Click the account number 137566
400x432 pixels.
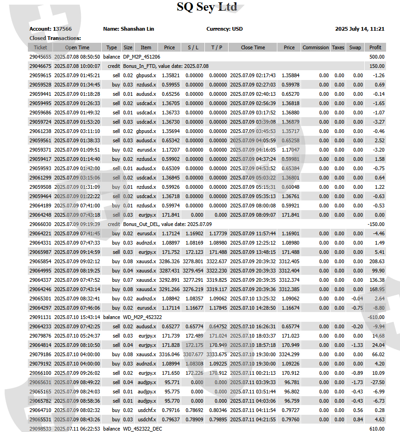62,29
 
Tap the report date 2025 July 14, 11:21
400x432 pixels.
360,29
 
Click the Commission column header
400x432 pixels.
315,47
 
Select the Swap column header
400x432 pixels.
355,47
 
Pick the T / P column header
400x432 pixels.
216,47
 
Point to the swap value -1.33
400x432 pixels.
355,345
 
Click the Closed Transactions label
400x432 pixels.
55,38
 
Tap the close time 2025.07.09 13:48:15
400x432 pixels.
253,252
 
